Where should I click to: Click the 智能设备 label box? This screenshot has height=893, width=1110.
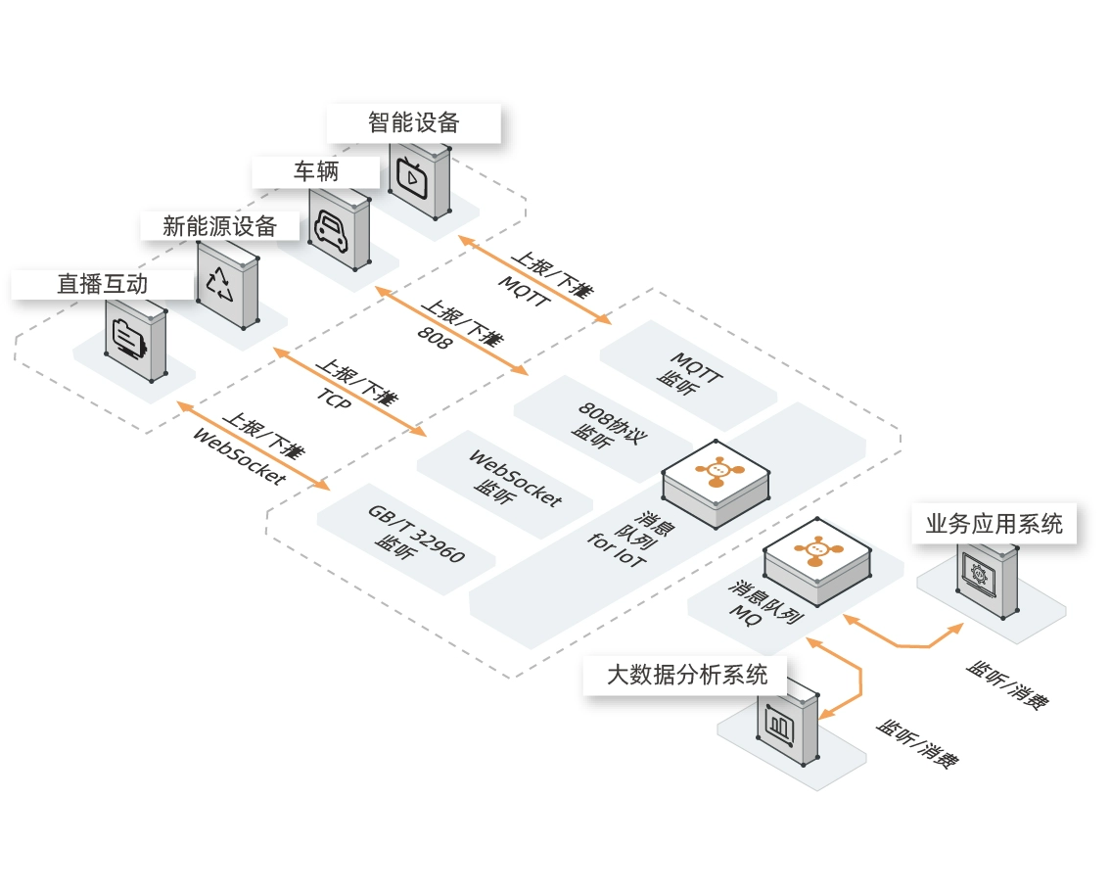pyautogui.click(x=413, y=122)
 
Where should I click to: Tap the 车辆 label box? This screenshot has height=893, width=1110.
pyautogui.click(x=315, y=171)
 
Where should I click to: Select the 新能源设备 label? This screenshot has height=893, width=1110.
pyautogui.click(x=219, y=226)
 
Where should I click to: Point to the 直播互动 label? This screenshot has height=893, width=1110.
pyautogui.click(x=102, y=284)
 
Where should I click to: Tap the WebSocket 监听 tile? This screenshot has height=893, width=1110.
pyautogui.click(x=503, y=479)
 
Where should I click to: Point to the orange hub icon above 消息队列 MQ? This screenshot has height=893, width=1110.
pyautogui.click(x=814, y=550)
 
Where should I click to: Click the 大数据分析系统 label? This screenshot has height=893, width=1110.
pyautogui.click(x=686, y=675)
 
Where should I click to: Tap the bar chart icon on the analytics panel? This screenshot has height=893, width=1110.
pyautogui.click(x=779, y=727)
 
